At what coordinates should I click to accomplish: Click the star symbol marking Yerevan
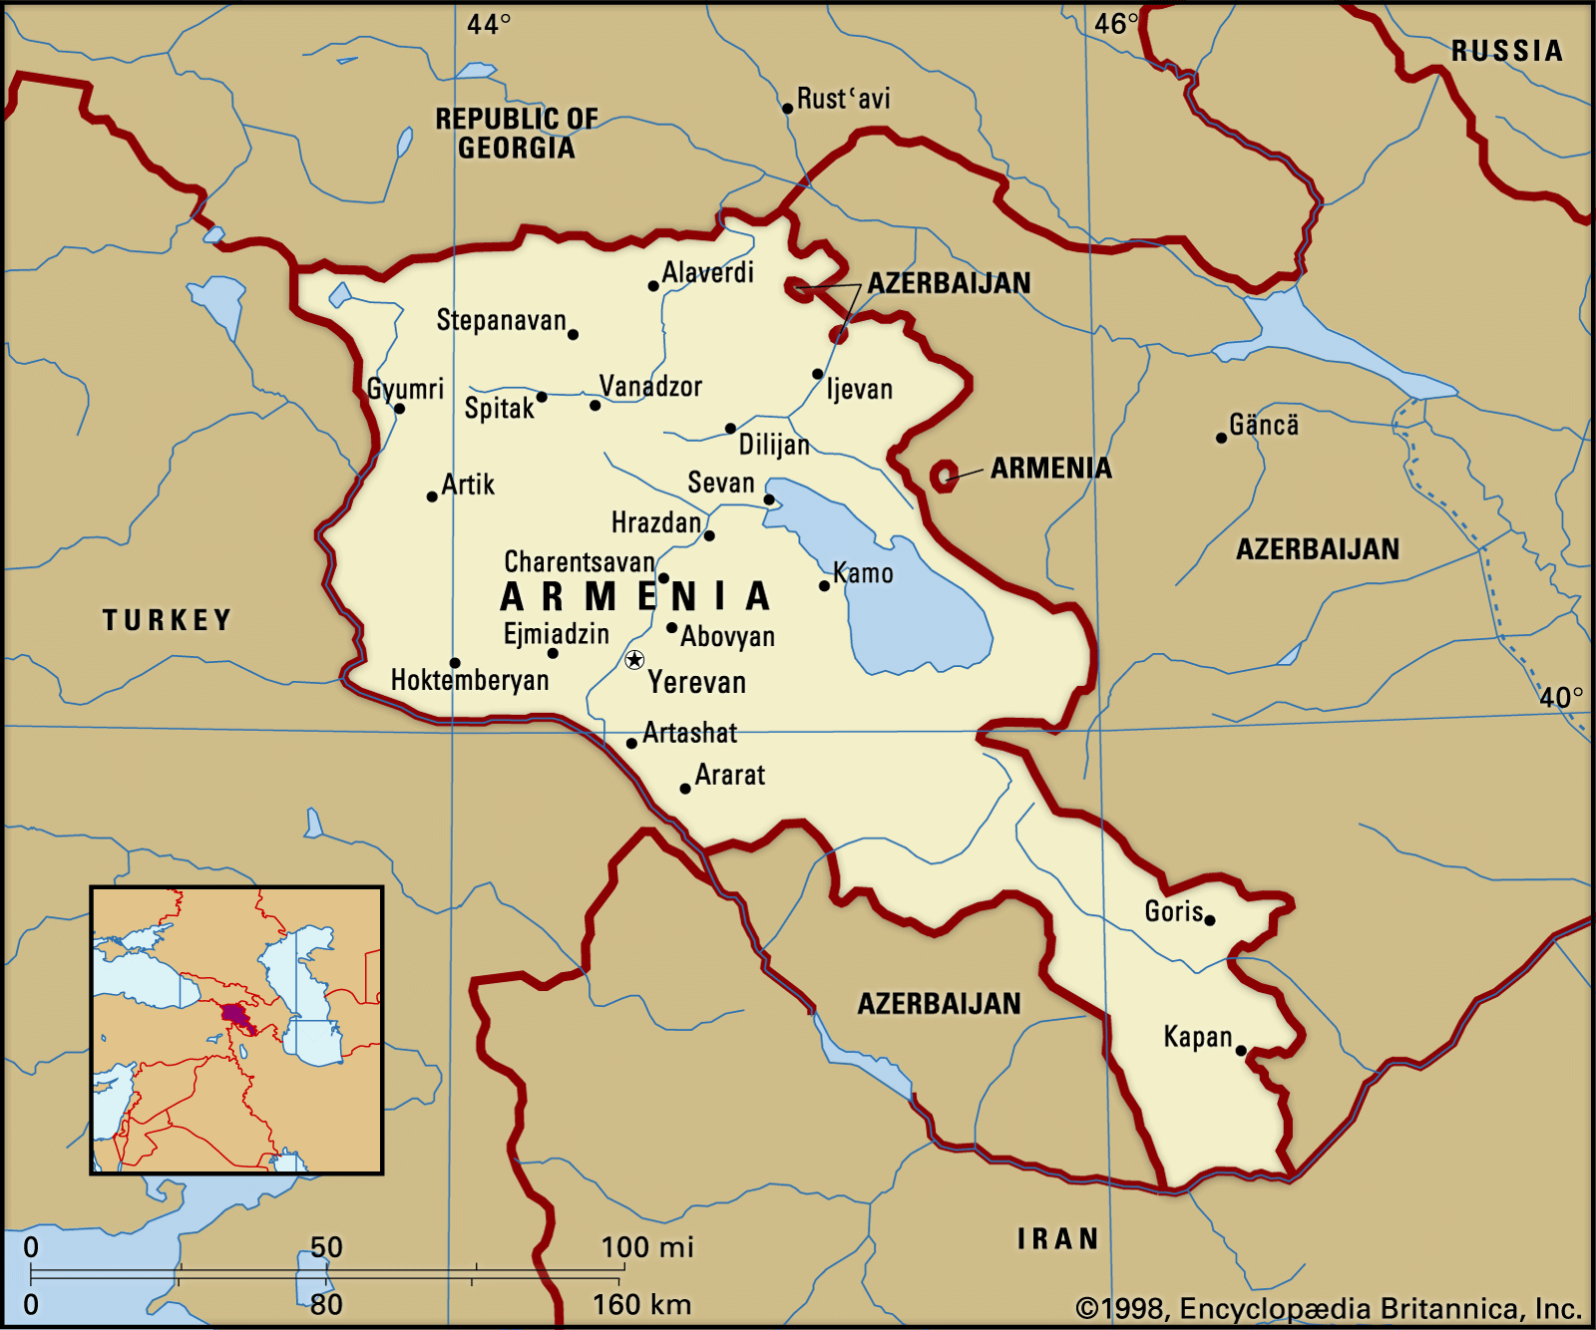tap(634, 660)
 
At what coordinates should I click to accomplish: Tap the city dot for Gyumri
tap(399, 408)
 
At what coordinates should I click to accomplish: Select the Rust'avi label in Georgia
tap(843, 99)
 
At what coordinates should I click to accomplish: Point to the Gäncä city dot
tap(1221, 438)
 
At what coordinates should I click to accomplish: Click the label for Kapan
tap(1197, 1037)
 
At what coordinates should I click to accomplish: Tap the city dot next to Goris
tap(1210, 920)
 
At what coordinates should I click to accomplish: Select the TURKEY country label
tap(167, 620)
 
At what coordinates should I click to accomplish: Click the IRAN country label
tap(1057, 1239)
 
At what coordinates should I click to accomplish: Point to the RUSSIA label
tap(1506, 51)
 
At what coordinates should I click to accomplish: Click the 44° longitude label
tap(489, 24)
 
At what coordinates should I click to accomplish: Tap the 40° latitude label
tap(1560, 697)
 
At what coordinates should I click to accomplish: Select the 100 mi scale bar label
tap(646, 1247)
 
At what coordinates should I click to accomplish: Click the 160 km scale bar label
tap(641, 1304)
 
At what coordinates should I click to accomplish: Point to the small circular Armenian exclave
tap(944, 476)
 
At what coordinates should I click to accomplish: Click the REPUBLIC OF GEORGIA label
tap(516, 133)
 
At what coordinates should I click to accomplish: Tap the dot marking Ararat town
tap(684, 789)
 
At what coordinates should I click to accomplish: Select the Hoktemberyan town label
tap(469, 680)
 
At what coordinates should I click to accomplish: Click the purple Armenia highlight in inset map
tap(235, 1015)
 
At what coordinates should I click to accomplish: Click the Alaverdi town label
tap(707, 272)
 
